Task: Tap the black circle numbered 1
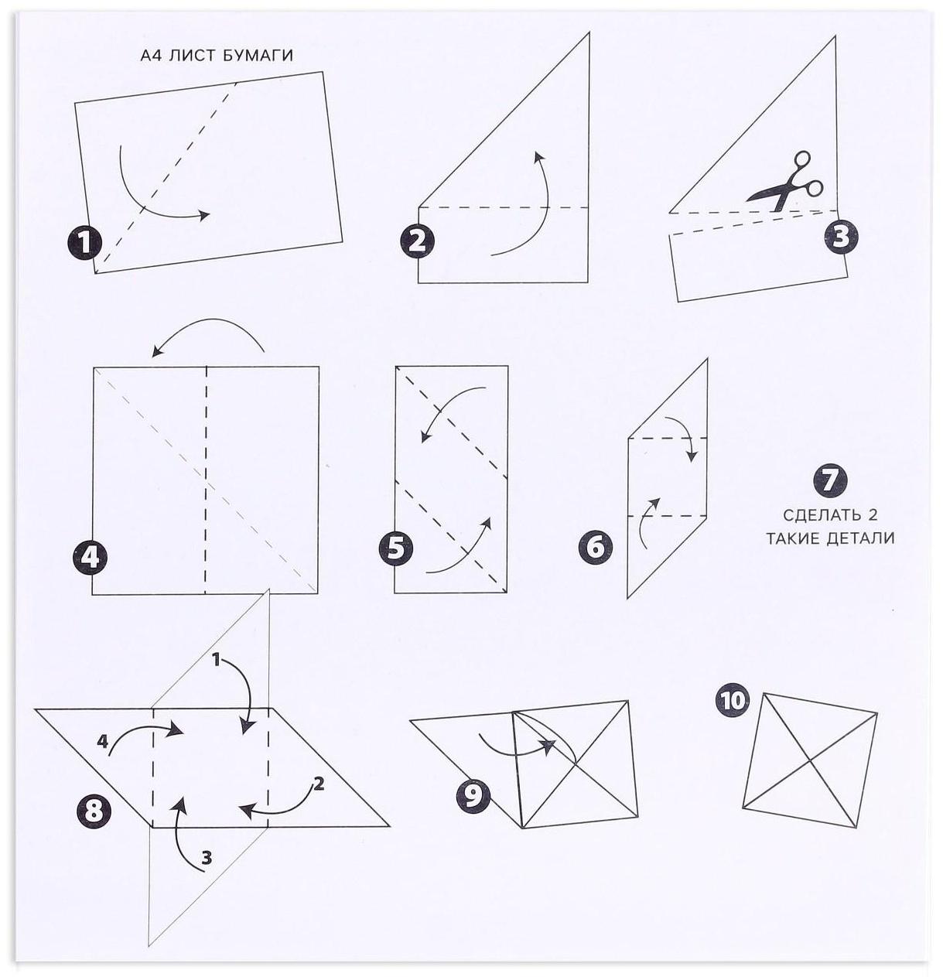pos(85,243)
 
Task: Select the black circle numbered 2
pos(418,241)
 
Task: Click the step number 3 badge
pos(841,237)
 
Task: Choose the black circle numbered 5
pos(395,547)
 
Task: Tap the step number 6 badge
pos(595,547)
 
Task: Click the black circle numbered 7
pos(830,479)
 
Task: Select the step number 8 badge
pos(94,811)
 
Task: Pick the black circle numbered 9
pos(473,796)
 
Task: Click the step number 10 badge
pos(733,699)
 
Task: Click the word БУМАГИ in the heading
pos(258,55)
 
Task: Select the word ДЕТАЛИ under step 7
pos(862,538)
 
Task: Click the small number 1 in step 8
pos(217,660)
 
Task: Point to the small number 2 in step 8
pos(319,783)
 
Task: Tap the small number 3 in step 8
pos(207,858)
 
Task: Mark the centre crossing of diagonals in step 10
pos(809,760)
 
